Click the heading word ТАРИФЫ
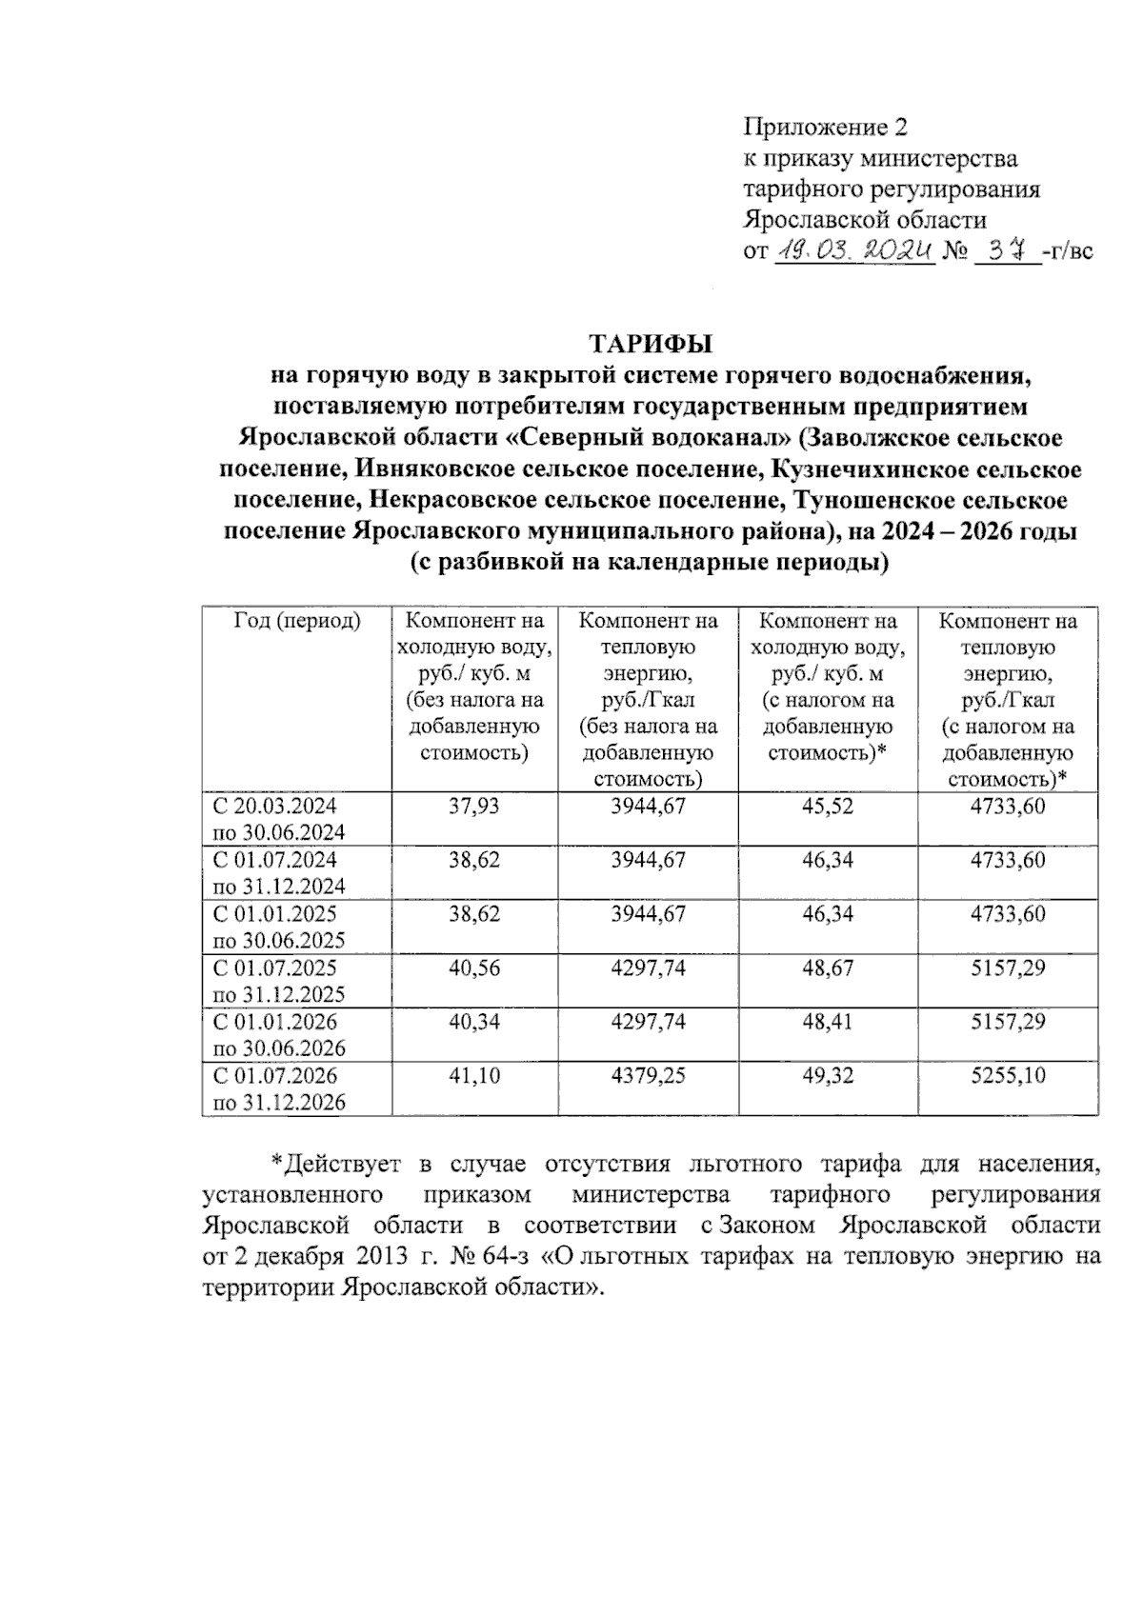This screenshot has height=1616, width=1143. [651, 343]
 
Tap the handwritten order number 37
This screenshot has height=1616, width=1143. [1008, 251]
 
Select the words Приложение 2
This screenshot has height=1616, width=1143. [826, 127]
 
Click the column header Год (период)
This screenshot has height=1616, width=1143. [297, 622]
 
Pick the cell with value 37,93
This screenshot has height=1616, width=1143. [474, 807]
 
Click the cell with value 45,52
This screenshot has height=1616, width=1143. [828, 807]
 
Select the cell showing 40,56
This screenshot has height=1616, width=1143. [474, 968]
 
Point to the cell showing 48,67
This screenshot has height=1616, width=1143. [828, 968]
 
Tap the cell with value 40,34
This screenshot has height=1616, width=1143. [474, 1023]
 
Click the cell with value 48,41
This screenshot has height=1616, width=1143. [828, 1023]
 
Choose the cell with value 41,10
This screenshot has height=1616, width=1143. [474, 1076]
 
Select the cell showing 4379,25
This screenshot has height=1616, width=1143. [648, 1076]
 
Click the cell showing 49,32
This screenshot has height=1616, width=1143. [828, 1076]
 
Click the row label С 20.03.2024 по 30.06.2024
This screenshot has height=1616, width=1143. [279, 819]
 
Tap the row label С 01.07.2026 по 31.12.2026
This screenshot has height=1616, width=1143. [279, 1089]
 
